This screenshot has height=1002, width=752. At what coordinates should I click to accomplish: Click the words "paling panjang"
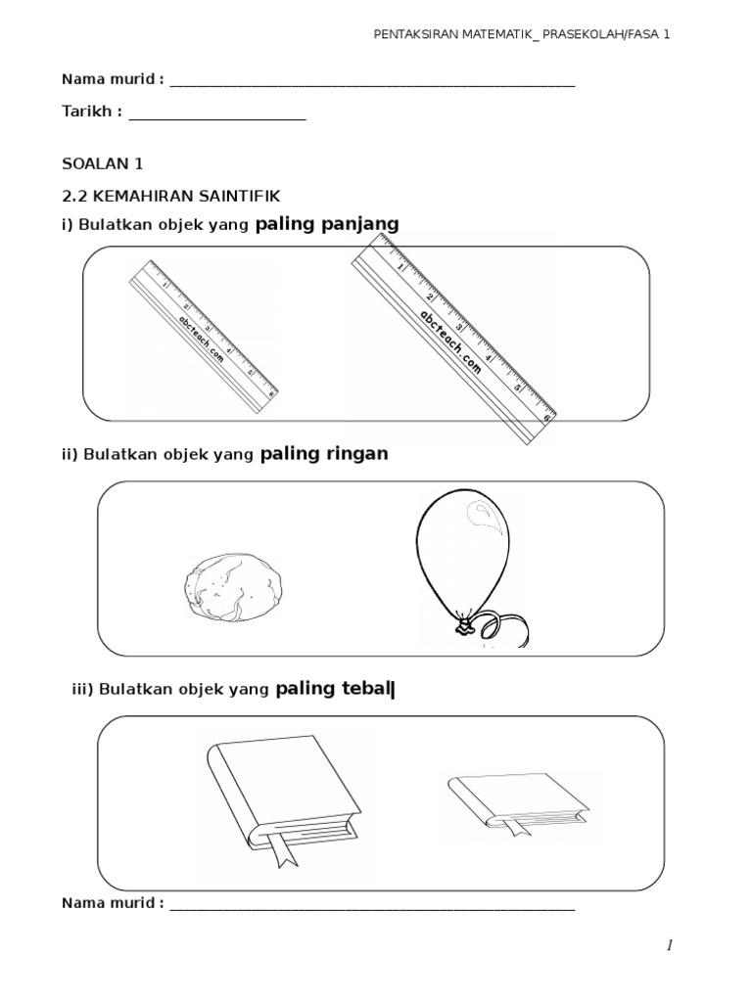pyautogui.click(x=327, y=224)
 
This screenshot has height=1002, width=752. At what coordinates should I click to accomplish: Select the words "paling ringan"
pyautogui.click(x=324, y=454)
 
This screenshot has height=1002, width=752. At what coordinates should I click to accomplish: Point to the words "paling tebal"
pyautogui.click(x=333, y=689)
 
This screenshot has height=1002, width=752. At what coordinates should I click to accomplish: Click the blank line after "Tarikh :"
pyautogui.click(x=217, y=113)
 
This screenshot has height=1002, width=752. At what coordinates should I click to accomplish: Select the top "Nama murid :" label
pyautogui.click(x=113, y=79)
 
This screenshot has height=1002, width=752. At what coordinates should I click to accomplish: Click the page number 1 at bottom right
pyautogui.click(x=670, y=944)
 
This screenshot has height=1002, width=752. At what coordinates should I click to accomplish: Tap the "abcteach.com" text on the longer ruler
pyautogui.click(x=451, y=342)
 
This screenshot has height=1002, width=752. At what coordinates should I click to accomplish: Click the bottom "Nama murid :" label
pyautogui.click(x=113, y=902)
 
